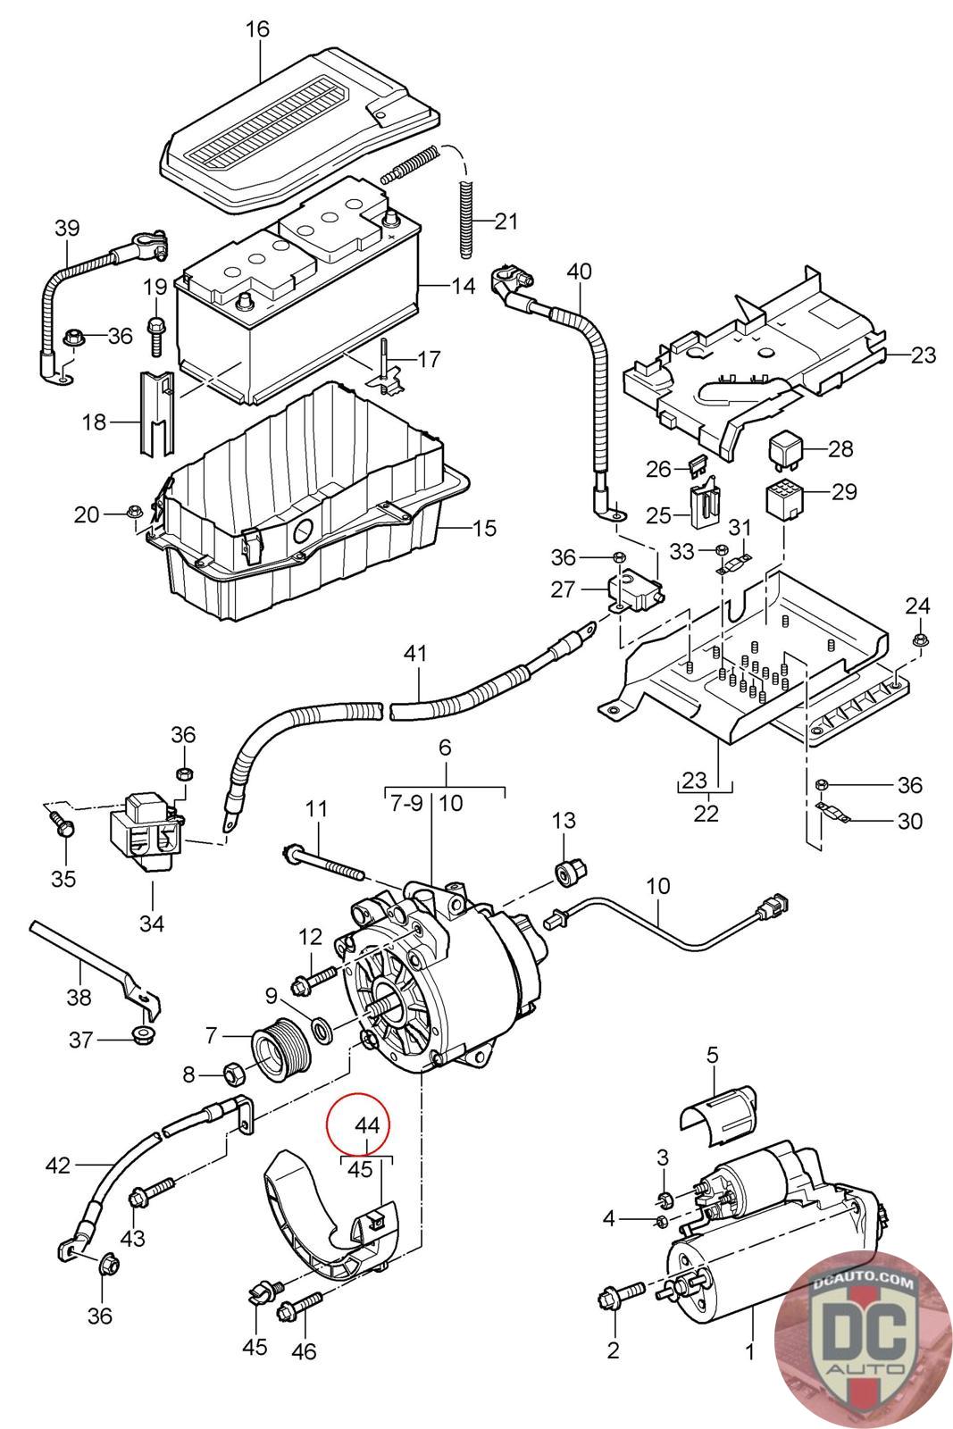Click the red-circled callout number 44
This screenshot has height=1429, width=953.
point(367,1125)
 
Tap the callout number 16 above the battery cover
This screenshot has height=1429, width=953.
point(258,29)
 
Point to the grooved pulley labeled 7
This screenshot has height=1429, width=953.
point(281,1053)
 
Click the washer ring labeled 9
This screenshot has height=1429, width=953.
point(321,1028)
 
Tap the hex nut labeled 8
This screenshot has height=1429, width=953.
point(231,1074)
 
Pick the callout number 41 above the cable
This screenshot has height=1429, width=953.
point(415,653)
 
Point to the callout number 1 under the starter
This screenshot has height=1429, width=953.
point(751,1350)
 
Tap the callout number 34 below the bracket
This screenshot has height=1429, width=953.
point(152,923)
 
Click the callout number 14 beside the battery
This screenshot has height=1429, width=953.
point(464,286)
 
